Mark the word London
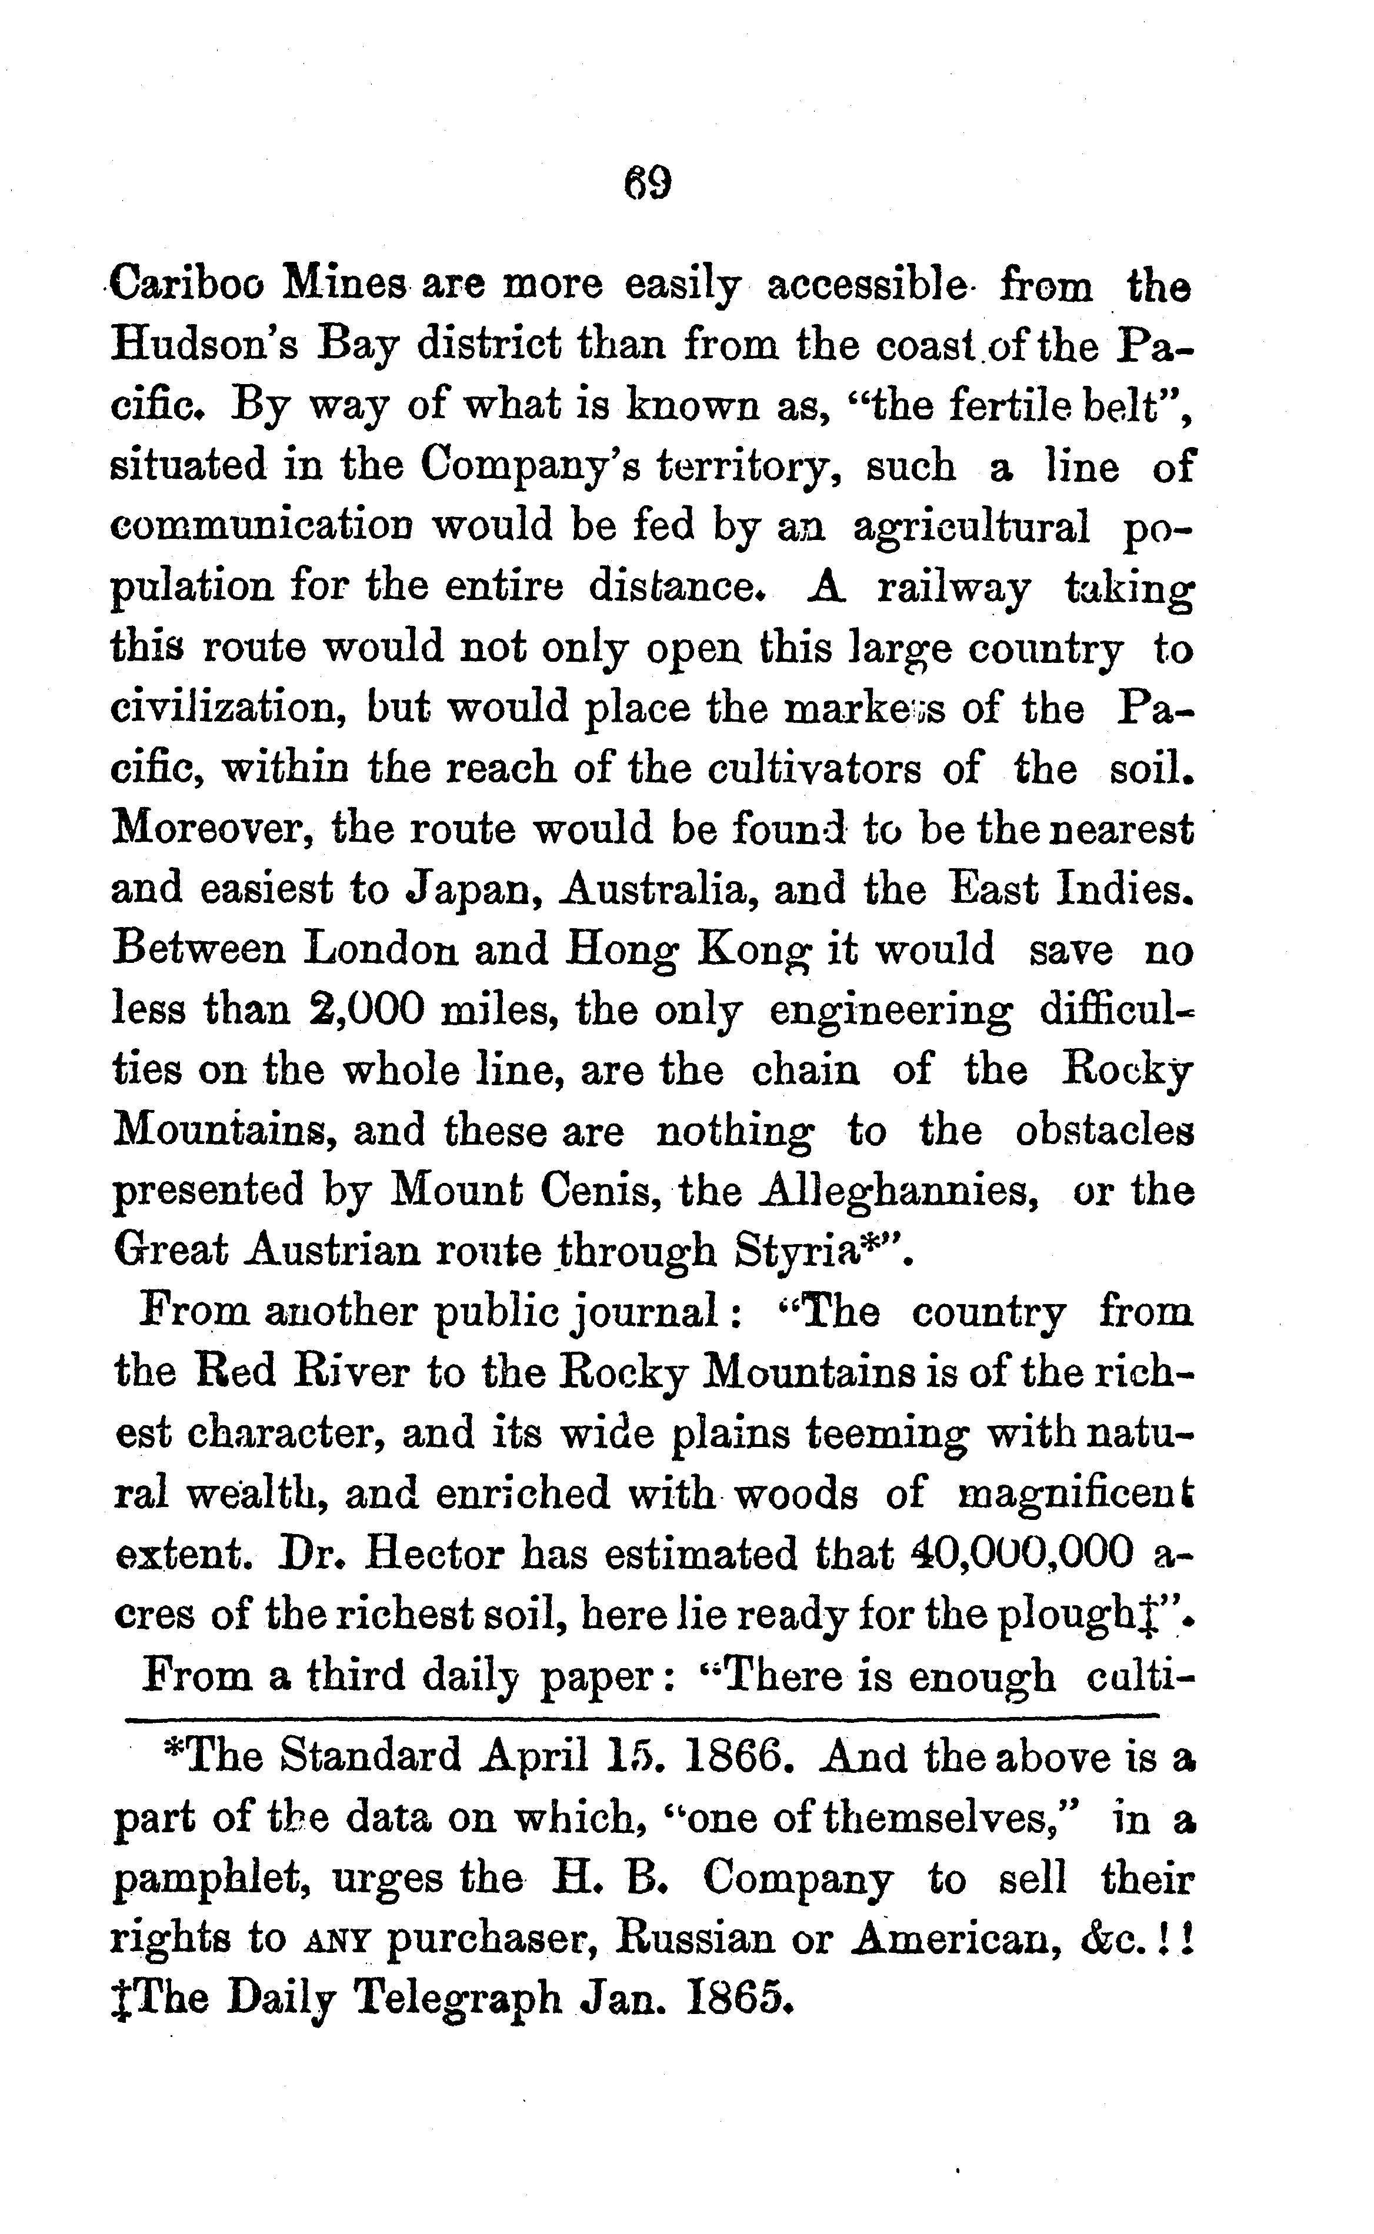point(381,951)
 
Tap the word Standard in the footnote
point(370,1756)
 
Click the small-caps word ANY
point(336,1940)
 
